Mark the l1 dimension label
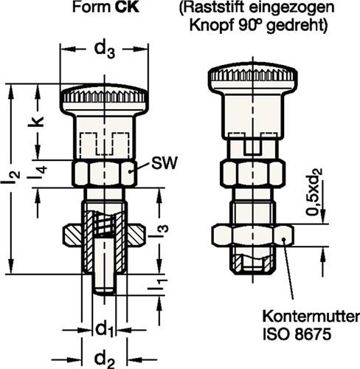pyautogui.click(x=150, y=283)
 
